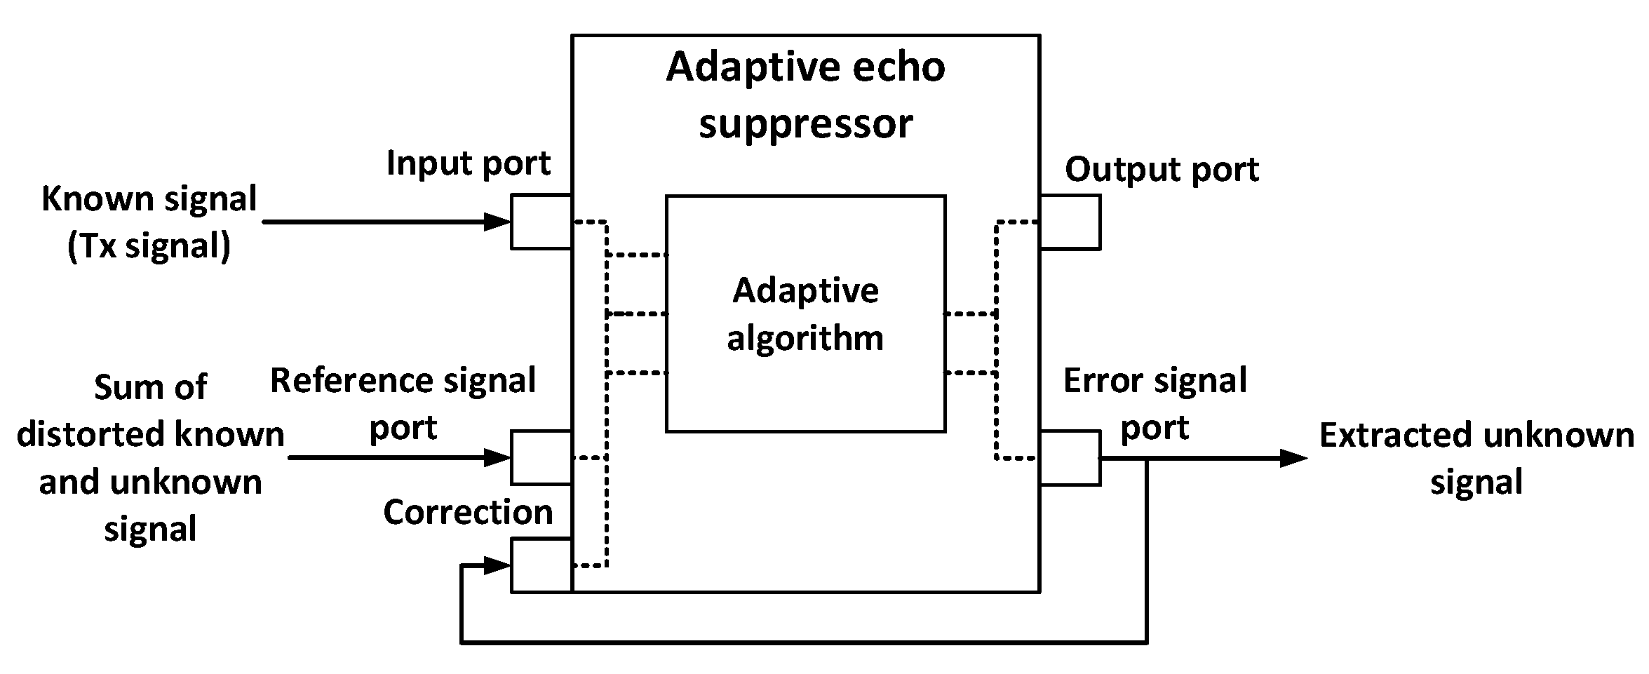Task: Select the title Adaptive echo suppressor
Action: pos(805,95)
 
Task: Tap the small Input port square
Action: pos(541,222)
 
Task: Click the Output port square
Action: pos(1070,222)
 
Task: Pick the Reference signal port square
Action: pos(541,457)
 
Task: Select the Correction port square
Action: pos(541,565)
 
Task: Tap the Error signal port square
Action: pos(1070,458)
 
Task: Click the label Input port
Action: pos(468,163)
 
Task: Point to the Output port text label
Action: pos(1162,170)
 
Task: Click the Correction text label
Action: pos(468,512)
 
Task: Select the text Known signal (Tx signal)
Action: pos(149,222)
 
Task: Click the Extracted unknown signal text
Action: pos(1476,458)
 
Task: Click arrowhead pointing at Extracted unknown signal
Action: pos(1294,459)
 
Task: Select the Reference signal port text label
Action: pos(403,403)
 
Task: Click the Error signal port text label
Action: pos(1155,403)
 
